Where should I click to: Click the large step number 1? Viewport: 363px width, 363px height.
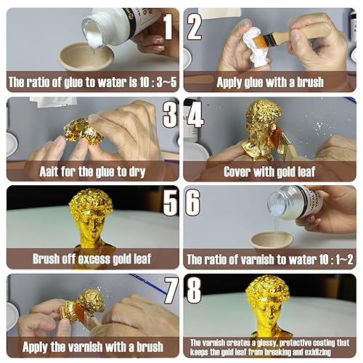[x=168, y=26]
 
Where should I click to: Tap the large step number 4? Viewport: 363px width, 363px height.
[x=195, y=115]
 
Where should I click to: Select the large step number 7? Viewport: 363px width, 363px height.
[x=171, y=290]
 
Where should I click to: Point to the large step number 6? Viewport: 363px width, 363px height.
[x=193, y=203]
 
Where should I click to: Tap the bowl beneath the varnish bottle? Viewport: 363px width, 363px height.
[x=271, y=240]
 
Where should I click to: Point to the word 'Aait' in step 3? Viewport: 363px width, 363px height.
[x=49, y=171]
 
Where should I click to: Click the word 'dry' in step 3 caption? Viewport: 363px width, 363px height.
[x=137, y=172]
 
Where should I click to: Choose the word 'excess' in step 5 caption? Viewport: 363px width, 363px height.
[x=95, y=259]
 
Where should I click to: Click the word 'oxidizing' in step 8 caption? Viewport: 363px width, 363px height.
[x=317, y=352]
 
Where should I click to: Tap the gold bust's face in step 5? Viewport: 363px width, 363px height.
[x=92, y=224]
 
